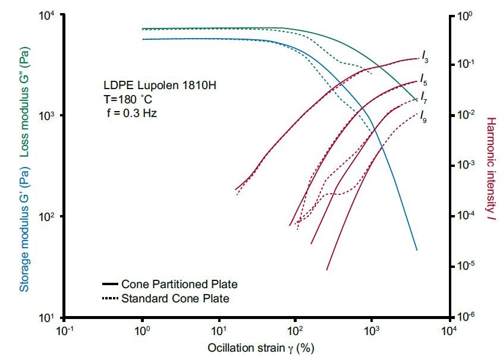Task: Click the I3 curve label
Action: coord(425,56)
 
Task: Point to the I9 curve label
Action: coord(423,115)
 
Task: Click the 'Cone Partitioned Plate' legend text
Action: coord(179,285)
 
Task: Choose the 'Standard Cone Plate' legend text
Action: coord(175,298)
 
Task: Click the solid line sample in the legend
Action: coord(111,285)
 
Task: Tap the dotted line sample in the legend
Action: coord(111,298)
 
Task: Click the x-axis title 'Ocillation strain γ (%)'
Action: coord(260,348)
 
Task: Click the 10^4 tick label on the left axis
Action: coord(47,16)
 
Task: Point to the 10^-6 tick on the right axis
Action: coord(463,315)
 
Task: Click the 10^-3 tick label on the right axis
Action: coord(463,165)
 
